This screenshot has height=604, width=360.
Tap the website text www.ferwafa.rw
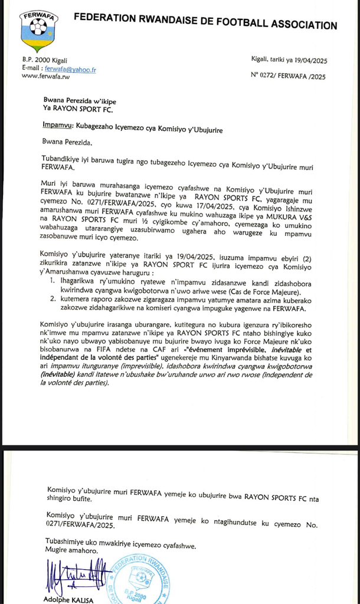coord(46,77)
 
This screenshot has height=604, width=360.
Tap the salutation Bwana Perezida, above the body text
coord(67,142)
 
